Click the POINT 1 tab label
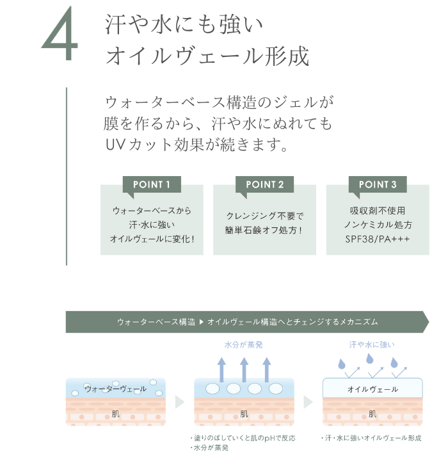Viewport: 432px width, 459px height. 152,184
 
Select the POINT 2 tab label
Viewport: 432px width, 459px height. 264,184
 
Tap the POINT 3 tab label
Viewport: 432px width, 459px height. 378,184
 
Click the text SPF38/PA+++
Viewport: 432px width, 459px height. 378,239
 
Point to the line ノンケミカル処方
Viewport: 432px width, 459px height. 378,225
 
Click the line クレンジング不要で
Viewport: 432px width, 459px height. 264,216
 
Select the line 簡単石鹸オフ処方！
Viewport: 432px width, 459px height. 264,230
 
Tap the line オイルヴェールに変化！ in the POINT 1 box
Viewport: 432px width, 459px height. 152,239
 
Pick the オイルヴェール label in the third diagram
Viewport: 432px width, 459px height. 372,389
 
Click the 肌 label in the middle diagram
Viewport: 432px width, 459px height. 244,414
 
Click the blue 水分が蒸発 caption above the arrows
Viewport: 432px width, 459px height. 243,344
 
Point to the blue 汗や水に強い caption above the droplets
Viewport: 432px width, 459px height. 372,344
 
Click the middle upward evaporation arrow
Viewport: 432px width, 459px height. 244,367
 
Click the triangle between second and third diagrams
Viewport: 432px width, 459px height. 308,402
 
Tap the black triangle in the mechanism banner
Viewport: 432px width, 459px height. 202,322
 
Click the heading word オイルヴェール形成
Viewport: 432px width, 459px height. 207,57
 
